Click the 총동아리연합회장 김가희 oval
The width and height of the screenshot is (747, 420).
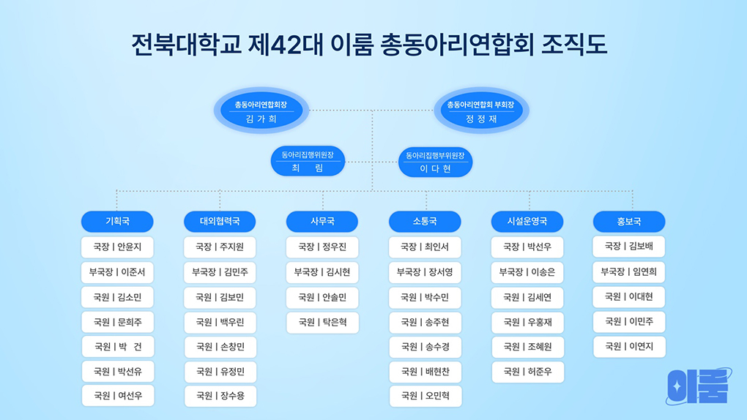[x=261, y=110]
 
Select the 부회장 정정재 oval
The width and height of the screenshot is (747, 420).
[x=481, y=110]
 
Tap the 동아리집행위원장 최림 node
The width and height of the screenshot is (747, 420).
[x=308, y=161]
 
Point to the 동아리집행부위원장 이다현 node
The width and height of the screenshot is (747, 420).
[x=435, y=162]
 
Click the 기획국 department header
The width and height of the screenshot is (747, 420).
[x=117, y=222]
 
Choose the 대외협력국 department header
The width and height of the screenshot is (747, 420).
[x=220, y=222]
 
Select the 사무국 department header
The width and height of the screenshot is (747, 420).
[x=322, y=222]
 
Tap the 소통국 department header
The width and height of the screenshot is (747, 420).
[x=425, y=222]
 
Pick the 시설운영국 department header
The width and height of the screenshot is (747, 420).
[x=527, y=222]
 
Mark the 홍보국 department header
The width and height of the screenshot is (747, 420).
[x=629, y=222]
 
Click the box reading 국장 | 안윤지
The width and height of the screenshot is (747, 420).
[x=117, y=247]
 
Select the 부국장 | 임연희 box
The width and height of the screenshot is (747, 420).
[x=629, y=272]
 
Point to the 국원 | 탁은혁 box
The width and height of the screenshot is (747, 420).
[x=322, y=323]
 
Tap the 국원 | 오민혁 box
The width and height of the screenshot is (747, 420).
[x=425, y=396]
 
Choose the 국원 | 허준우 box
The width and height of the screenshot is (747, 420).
[x=528, y=372]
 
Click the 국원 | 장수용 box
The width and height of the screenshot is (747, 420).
[x=220, y=396]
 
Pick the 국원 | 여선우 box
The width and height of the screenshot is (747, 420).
[x=118, y=396]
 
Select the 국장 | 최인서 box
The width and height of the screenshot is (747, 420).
[x=425, y=247]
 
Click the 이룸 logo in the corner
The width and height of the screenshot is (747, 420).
[x=699, y=386]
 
